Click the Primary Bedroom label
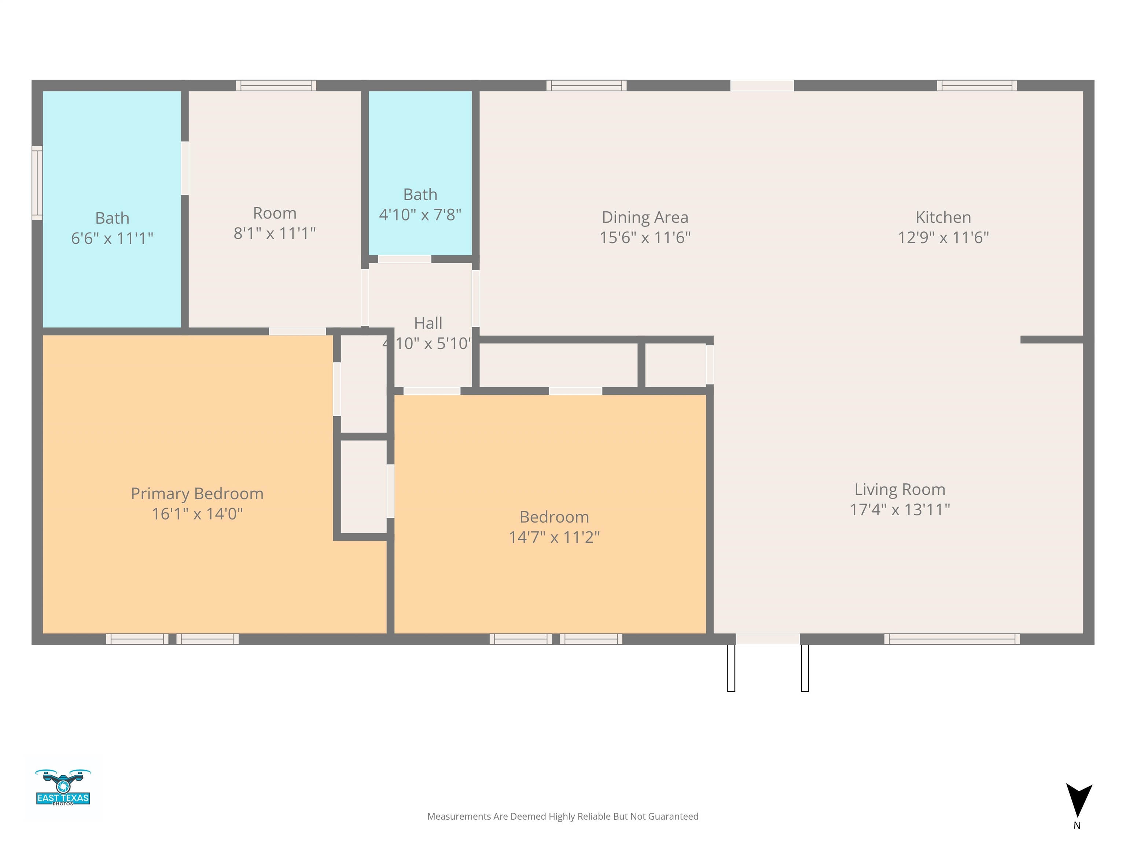197,494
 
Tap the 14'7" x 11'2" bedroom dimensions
554,537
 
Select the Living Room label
899,490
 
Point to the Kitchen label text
943,217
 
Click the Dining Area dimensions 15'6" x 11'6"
645,237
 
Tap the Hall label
428,323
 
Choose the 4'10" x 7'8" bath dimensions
420,215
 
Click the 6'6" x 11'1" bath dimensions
112,238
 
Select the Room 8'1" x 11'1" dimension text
275,233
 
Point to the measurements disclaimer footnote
563,816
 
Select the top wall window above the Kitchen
977,85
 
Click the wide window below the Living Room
952,639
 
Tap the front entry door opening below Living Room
768,639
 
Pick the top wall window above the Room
276,85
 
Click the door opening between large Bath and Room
185,168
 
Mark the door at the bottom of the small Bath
405,259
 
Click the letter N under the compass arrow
1077,826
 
